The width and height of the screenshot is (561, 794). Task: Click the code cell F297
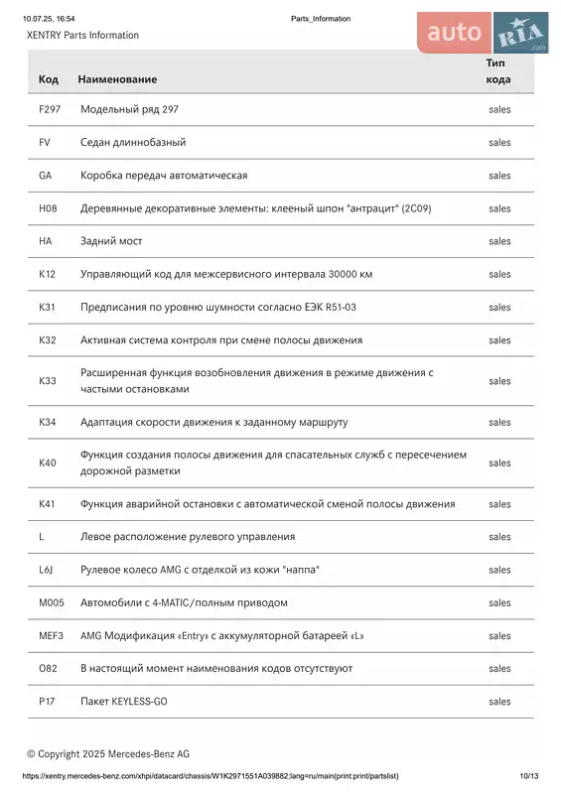pos(50,109)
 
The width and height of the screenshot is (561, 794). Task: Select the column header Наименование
pos(117,78)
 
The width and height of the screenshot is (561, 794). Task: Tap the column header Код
pos(48,78)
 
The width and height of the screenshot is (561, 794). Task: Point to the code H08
pos(48,208)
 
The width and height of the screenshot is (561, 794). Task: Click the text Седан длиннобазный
pos(133,142)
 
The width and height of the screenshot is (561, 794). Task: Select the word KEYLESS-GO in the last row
pos(141,702)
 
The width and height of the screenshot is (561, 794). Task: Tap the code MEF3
pos(51,635)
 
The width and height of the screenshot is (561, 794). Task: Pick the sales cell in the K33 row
pos(499,381)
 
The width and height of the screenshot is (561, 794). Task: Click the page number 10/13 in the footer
pos(528,776)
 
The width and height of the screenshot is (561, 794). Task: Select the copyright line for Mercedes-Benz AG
pos(108,754)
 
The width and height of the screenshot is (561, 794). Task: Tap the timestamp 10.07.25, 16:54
pos(49,19)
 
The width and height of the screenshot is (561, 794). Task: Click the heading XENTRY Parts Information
pos(82,35)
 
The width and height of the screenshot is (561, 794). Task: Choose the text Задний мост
pos(111,241)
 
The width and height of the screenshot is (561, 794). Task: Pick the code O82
pos(48,668)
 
